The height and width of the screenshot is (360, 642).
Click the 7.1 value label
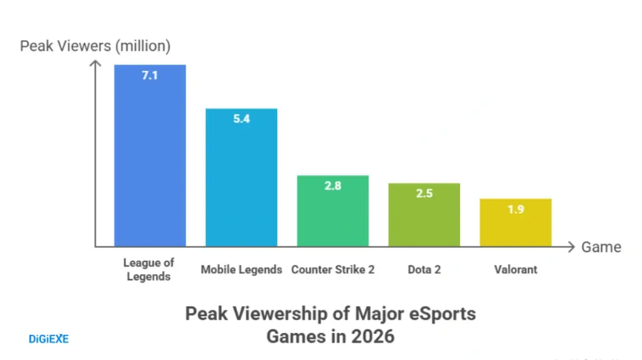(150, 77)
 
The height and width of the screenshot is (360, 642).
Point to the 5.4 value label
(241, 119)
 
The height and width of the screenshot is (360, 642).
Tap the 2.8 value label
(333, 186)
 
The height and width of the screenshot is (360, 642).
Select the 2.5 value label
(424, 194)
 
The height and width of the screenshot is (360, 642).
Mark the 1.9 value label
(515, 209)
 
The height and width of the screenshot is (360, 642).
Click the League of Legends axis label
(149, 270)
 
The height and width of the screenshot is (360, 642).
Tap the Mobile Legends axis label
(241, 270)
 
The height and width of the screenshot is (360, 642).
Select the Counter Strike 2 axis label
(333, 270)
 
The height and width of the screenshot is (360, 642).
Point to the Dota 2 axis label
(424, 270)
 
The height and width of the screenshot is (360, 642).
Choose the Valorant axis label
(515, 270)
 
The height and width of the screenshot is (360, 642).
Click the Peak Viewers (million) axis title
(95, 46)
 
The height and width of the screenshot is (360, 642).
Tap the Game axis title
(601, 247)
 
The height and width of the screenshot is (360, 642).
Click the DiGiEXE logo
(48, 339)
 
